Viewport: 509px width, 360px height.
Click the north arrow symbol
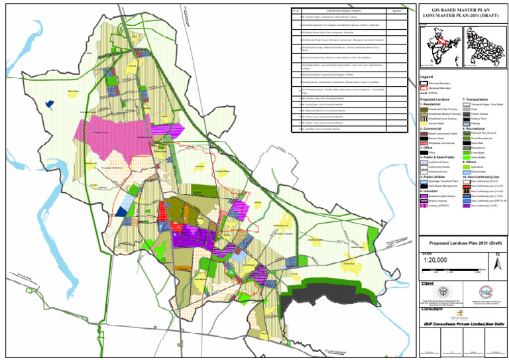(x=496, y=261)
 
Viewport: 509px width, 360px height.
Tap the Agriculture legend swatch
(x=466, y=166)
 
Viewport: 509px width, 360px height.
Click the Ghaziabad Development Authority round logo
(x=486, y=292)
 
